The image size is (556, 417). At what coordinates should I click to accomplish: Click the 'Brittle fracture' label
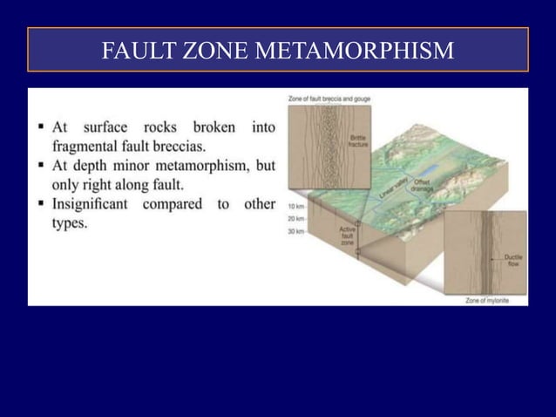pyautogui.click(x=357, y=142)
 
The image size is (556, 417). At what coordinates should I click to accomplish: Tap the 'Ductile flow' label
pyautogui.click(x=513, y=260)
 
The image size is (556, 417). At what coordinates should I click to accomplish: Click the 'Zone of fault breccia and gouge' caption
pyautogui.click(x=329, y=97)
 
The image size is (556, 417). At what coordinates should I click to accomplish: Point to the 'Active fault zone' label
pyautogui.click(x=346, y=235)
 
